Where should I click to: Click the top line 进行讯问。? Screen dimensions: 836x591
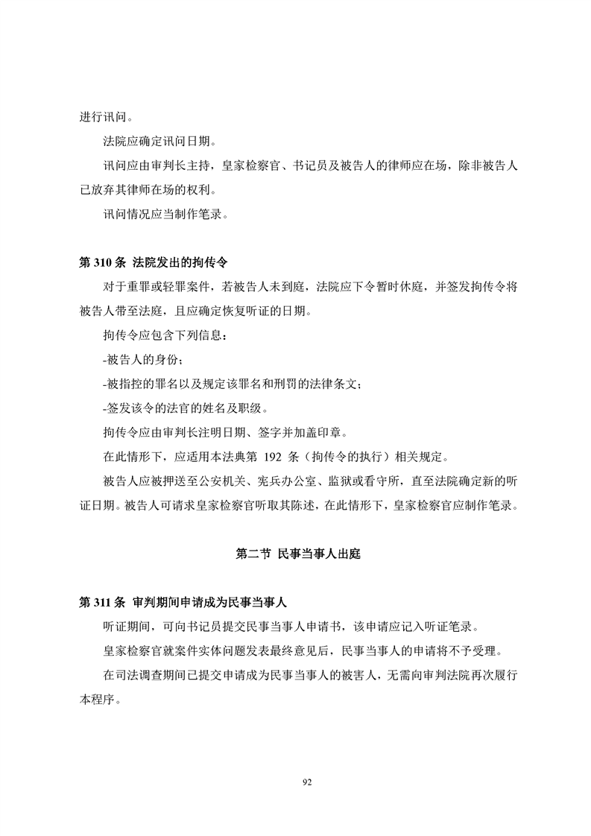click(107, 117)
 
